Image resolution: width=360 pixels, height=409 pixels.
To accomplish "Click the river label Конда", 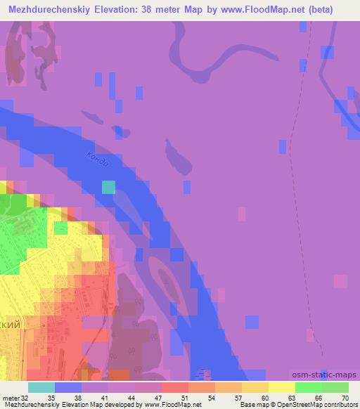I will click(x=98, y=160).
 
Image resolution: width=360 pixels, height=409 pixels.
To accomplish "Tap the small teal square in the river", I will click(x=108, y=186).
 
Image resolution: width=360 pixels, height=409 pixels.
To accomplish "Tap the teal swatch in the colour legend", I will click(x=41, y=387).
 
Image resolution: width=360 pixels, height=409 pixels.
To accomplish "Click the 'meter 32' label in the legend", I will click(x=15, y=398).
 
